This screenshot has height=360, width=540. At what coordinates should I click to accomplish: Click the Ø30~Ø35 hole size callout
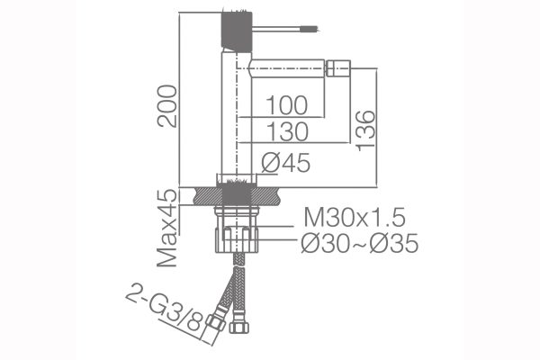tap(360, 243)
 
